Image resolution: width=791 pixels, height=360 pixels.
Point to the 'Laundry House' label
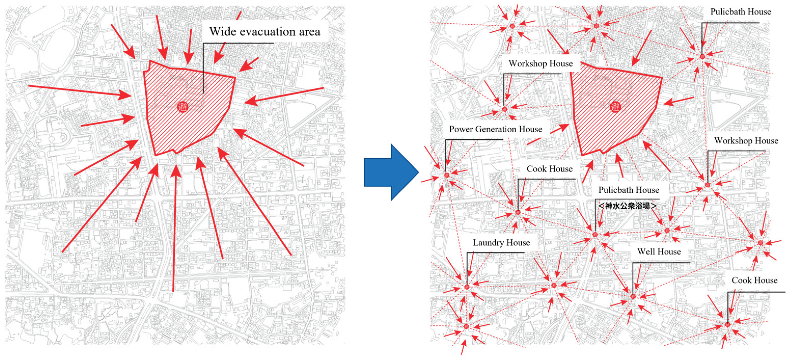click(x=501, y=243)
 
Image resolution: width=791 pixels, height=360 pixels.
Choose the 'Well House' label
click(x=659, y=252)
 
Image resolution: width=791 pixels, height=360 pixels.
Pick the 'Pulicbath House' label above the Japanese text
click(x=629, y=190)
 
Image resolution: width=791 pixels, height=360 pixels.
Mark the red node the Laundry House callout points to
click(x=467, y=287)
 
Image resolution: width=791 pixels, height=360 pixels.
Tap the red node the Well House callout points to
click(x=633, y=296)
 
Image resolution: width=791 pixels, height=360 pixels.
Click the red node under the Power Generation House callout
click(x=447, y=175)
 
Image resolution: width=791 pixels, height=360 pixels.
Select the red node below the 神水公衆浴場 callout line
click(x=595, y=235)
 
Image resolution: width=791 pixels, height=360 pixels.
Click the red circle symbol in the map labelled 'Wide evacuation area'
click(x=183, y=107)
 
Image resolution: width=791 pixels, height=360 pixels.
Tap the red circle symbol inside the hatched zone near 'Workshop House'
click(x=615, y=107)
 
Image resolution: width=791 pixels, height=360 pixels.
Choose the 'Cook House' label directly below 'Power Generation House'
click(x=549, y=169)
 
